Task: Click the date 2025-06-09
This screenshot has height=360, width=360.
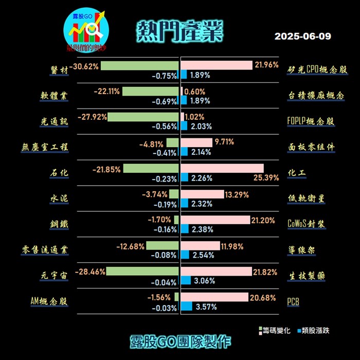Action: point(302,37)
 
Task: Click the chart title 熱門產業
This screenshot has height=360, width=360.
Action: point(180,32)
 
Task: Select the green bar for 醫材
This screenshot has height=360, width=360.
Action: point(139,66)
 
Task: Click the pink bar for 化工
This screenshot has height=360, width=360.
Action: point(222,168)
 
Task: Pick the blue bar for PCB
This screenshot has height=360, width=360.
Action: point(187,307)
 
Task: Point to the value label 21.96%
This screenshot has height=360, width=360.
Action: point(266,65)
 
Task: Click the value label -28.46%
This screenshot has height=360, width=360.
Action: point(90,271)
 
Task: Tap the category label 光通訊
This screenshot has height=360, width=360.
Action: point(55,121)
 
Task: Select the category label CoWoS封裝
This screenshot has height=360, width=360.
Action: point(307,224)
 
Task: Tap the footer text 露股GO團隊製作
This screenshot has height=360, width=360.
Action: point(180,341)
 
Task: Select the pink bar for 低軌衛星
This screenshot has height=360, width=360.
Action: point(203,194)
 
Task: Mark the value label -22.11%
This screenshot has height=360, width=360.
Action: point(107,91)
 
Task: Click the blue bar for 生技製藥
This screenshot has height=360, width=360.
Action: point(186,281)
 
